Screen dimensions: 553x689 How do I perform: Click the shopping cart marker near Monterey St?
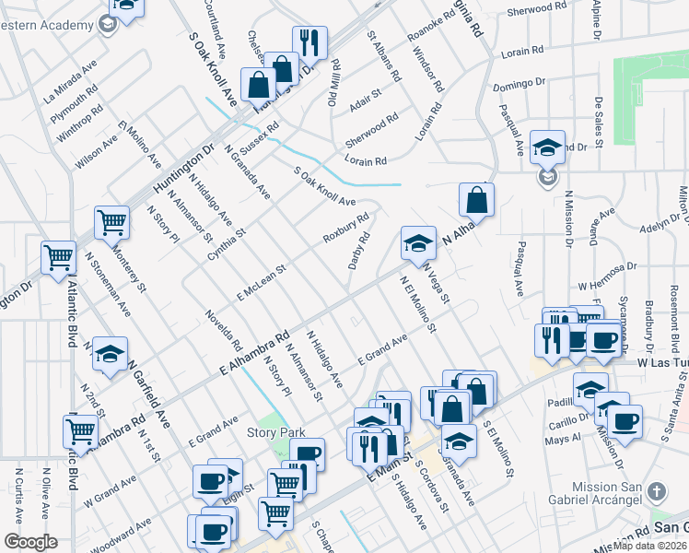[x=111, y=222]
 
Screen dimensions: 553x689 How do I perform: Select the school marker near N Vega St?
[x=418, y=243]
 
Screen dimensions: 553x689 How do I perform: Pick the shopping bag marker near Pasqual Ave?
[x=476, y=199]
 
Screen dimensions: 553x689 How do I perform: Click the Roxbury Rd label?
[x=345, y=229]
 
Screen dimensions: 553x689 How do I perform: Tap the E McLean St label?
[x=262, y=280]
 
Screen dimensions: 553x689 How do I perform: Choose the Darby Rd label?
[x=359, y=250]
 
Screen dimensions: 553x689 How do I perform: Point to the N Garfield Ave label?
[x=149, y=394]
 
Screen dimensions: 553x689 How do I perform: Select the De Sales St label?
[x=599, y=122]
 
